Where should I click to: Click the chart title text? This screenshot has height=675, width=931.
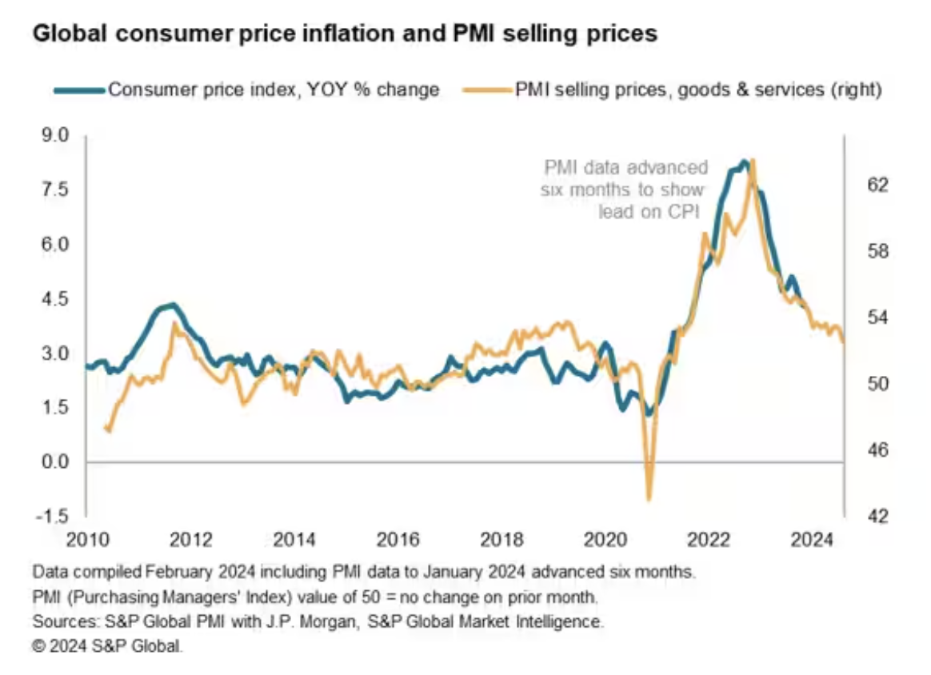(x=344, y=34)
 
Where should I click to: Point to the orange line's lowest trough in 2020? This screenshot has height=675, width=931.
(x=649, y=498)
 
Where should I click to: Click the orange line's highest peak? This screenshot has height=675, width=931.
(x=753, y=161)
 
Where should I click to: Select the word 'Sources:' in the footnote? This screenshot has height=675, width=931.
(x=61, y=621)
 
